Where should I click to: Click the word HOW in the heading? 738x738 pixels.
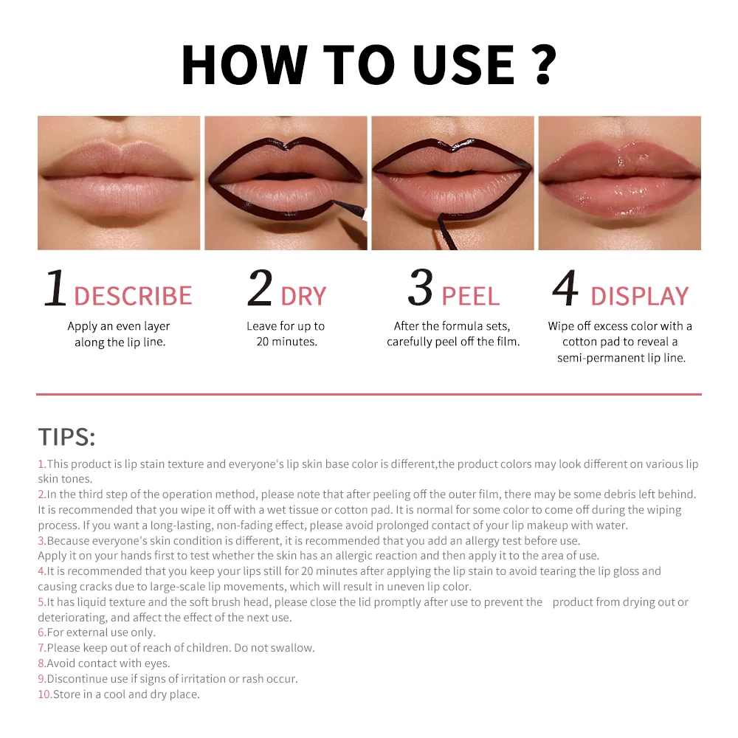234,65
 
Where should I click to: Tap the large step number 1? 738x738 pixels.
55,289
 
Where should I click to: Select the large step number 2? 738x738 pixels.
260,289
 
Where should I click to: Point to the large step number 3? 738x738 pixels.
420,289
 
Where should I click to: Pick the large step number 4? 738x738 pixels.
565,289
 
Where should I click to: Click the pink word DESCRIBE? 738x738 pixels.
133,296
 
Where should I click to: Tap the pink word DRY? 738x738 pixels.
303,296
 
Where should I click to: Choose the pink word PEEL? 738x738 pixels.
470,296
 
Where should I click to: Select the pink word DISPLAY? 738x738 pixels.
639,296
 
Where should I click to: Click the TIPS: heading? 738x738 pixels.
66,437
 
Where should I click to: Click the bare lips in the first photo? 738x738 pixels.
118,176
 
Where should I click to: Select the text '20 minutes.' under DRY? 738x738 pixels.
286,342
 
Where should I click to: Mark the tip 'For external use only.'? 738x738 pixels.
101,632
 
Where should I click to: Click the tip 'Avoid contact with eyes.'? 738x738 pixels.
108,663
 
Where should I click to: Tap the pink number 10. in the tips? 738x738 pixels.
45,694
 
